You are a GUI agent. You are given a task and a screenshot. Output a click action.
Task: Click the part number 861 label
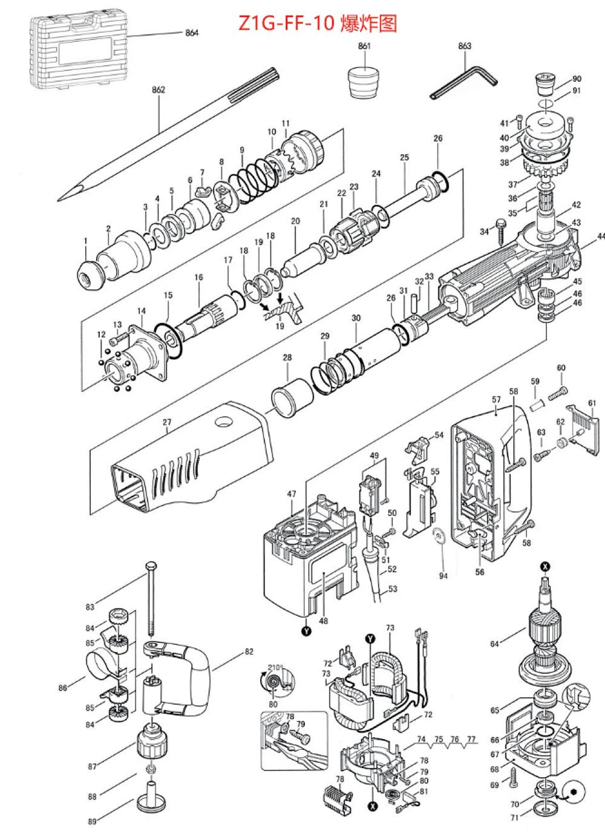tap(364, 46)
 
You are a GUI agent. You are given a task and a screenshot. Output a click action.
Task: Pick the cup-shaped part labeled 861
tap(364, 82)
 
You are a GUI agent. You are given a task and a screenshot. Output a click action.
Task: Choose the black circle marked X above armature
tap(546, 566)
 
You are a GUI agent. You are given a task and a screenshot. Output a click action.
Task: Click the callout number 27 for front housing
tap(167, 423)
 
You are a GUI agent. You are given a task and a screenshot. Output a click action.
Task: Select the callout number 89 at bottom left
tap(92, 821)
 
